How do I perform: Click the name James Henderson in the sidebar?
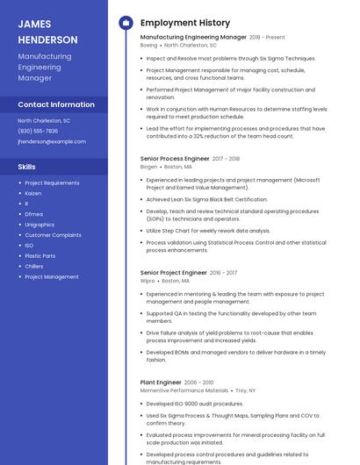(x=47, y=32)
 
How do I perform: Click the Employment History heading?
(x=184, y=23)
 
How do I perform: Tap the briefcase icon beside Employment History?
(x=126, y=23)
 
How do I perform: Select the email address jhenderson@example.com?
(x=52, y=140)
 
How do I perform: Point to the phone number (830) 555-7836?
(x=38, y=131)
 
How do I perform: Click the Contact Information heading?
(x=55, y=104)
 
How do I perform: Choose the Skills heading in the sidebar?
(x=27, y=166)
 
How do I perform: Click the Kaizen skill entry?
(x=33, y=193)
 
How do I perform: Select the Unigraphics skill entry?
(x=40, y=225)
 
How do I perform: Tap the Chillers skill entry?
(x=34, y=266)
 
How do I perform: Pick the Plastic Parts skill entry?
(x=40, y=255)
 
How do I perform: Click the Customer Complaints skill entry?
(x=53, y=235)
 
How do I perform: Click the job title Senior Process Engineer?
(x=175, y=159)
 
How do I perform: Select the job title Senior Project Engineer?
(x=174, y=273)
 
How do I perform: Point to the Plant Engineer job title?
(x=161, y=383)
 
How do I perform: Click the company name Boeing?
(x=149, y=45)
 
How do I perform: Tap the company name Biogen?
(x=149, y=166)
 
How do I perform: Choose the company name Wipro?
(x=148, y=281)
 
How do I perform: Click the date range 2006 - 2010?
(x=198, y=383)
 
